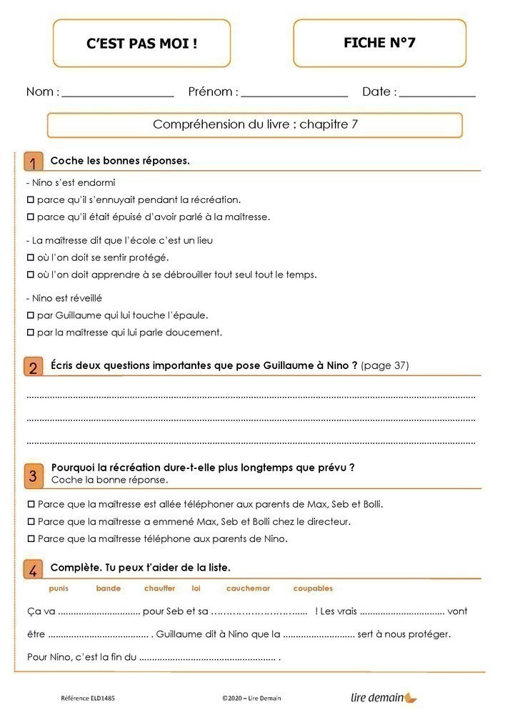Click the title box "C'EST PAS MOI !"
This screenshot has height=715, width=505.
click(x=141, y=44)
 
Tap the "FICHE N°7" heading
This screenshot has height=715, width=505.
click(x=379, y=43)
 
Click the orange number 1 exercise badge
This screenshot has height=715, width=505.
click(x=32, y=162)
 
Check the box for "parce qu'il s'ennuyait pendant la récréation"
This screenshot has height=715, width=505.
click(x=31, y=199)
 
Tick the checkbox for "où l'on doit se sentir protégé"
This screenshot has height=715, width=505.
click(x=31, y=257)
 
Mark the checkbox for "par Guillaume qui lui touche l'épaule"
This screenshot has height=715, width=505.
click(x=31, y=315)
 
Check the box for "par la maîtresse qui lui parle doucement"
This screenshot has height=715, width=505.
click(x=31, y=332)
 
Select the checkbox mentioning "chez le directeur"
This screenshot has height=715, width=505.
click(x=31, y=522)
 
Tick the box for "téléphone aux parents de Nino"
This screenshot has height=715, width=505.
click(x=31, y=539)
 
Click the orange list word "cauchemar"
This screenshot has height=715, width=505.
click(x=248, y=588)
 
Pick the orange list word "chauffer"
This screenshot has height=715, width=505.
click(x=159, y=588)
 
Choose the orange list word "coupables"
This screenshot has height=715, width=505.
click(x=313, y=588)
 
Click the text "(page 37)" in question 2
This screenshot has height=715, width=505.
click(x=385, y=365)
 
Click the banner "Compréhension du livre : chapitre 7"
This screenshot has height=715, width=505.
click(x=255, y=124)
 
